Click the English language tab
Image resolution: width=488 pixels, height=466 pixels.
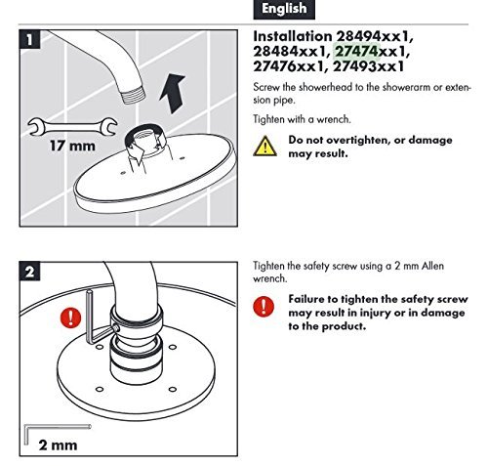pos(284,9)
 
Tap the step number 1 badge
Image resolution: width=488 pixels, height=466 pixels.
pos(29,40)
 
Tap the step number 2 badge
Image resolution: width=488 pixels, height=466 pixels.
pos(29,271)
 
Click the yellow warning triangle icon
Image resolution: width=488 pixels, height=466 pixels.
pos(265,147)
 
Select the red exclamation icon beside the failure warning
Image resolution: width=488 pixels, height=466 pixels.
pos(264,306)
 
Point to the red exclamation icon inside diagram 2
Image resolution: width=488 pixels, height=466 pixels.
pos(71,318)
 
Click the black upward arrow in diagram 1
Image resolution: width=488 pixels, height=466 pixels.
pos(172,93)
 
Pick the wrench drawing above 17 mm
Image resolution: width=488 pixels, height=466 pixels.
pos(72,127)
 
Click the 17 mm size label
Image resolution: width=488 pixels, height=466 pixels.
pos(73,146)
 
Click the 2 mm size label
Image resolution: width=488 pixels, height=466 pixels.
pos(58,445)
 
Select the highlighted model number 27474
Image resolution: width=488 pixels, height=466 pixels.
pos(356,51)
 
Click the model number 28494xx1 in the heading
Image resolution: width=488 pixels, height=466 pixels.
pos(374,36)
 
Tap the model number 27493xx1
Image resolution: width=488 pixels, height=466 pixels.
pos(369,66)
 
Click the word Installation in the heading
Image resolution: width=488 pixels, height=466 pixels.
pos(293,36)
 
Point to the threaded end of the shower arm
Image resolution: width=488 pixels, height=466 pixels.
pos(134,95)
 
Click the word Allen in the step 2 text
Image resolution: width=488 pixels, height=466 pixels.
pos(432,266)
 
